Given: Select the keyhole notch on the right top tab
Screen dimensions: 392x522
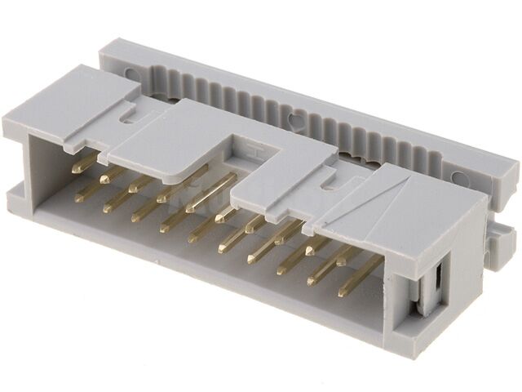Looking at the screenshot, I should click(330, 185).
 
